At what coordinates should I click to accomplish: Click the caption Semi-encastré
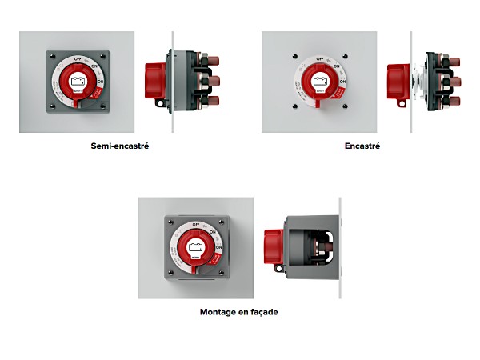[x=120, y=146]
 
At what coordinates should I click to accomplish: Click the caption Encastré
[x=362, y=146]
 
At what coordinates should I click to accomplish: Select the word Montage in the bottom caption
[x=219, y=311]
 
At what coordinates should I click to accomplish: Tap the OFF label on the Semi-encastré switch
[x=78, y=58]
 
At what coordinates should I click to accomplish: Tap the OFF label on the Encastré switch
[x=320, y=58]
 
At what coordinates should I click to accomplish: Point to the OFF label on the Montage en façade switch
[x=196, y=226]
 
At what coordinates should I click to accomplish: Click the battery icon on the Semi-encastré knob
[x=78, y=81]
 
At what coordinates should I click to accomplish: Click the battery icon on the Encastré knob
[x=320, y=81]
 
